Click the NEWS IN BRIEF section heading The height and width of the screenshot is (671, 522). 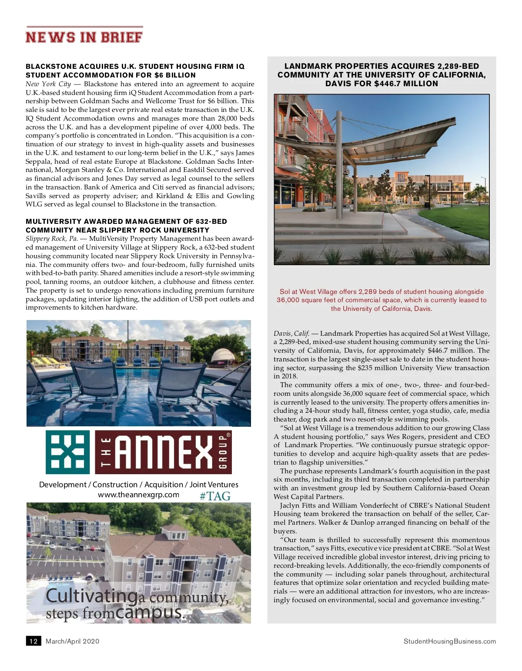pyautogui.click(x=84, y=37)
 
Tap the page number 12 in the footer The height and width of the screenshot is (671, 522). pyautogui.click(x=33, y=641)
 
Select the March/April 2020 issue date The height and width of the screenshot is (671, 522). pyautogui.click(x=72, y=641)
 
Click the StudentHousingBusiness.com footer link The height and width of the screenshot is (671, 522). pyautogui.click(x=449, y=641)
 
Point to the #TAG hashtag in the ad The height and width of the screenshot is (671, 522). pyautogui.click(x=215, y=496)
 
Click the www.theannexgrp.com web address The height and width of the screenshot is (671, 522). pyautogui.click(x=138, y=495)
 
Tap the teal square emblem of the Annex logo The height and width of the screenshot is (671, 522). pyautogui.click(x=68, y=452)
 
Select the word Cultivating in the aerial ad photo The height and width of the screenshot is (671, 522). pyautogui.click(x=91, y=596)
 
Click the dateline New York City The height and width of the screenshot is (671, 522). pyautogui.click(x=48, y=84)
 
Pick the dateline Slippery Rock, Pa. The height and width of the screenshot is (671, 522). pyautogui.click(x=52, y=239)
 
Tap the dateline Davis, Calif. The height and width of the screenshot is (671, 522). pyautogui.click(x=291, y=334)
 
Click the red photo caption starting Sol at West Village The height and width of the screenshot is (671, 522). pyautogui.click(x=381, y=300)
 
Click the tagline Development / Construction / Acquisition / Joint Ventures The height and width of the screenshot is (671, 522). pyautogui.click(x=138, y=485)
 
